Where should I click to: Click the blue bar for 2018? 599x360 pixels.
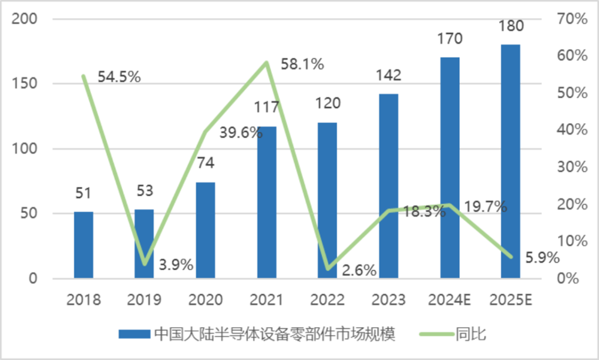pyautogui.click(x=83, y=244)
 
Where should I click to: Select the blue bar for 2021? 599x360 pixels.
pyautogui.click(x=267, y=202)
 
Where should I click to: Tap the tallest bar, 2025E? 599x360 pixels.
pyautogui.click(x=510, y=161)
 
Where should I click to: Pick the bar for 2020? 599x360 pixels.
pyautogui.click(x=205, y=230)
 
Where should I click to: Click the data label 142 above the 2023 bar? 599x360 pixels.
pyautogui.click(x=388, y=75)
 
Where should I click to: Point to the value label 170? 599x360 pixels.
pyautogui.click(x=449, y=39)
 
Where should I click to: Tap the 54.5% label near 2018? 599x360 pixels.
pyautogui.click(x=119, y=77)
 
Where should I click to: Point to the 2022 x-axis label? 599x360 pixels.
pyautogui.click(x=327, y=300)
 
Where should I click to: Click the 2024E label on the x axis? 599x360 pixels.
pyautogui.click(x=449, y=300)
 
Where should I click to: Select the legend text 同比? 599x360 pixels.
pyautogui.click(x=470, y=334)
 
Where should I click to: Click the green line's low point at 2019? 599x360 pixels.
pyautogui.click(x=144, y=264)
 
